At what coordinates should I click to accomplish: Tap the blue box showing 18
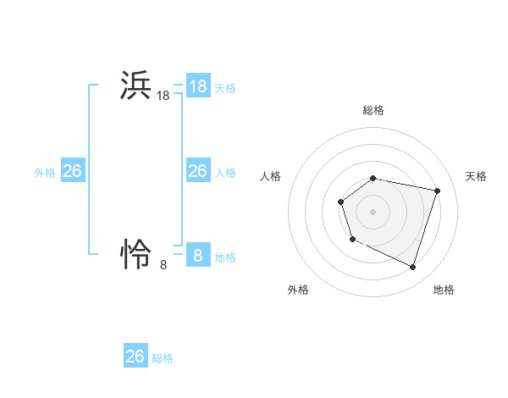pyautogui.click(x=198, y=86)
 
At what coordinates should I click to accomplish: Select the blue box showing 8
pyautogui.click(x=198, y=255)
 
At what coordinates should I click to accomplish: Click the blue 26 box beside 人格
pyautogui.click(x=198, y=171)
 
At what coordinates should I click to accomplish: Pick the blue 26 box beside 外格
pyautogui.click(x=73, y=171)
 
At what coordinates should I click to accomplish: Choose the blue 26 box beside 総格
pyautogui.click(x=135, y=357)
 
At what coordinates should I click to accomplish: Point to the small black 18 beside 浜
pyautogui.click(x=163, y=97)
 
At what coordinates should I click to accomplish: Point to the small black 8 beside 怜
pyautogui.click(x=163, y=265)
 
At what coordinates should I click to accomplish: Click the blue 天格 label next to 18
pyautogui.click(x=225, y=87)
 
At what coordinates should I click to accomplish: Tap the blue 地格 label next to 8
pyautogui.click(x=225, y=257)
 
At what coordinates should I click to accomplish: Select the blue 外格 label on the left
pyautogui.click(x=45, y=173)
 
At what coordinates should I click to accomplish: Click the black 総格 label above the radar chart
pyautogui.click(x=373, y=110)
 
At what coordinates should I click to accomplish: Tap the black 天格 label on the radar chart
pyautogui.click(x=476, y=176)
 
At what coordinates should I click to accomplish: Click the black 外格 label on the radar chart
pyautogui.click(x=298, y=290)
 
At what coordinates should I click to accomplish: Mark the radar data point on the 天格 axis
pyautogui.click(x=438, y=191)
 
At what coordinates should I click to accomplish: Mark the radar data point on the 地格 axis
pyautogui.click(x=412, y=267)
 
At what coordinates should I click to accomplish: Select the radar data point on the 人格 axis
pyautogui.click(x=340, y=202)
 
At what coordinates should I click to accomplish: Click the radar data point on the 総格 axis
pyautogui.click(x=373, y=178)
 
